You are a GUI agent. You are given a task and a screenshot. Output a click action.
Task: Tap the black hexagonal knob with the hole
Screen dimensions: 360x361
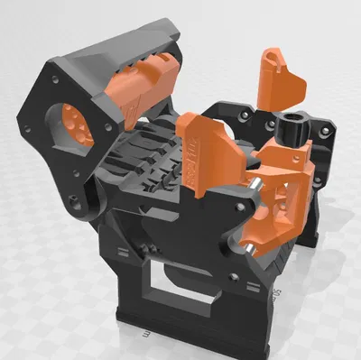click(295, 133)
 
